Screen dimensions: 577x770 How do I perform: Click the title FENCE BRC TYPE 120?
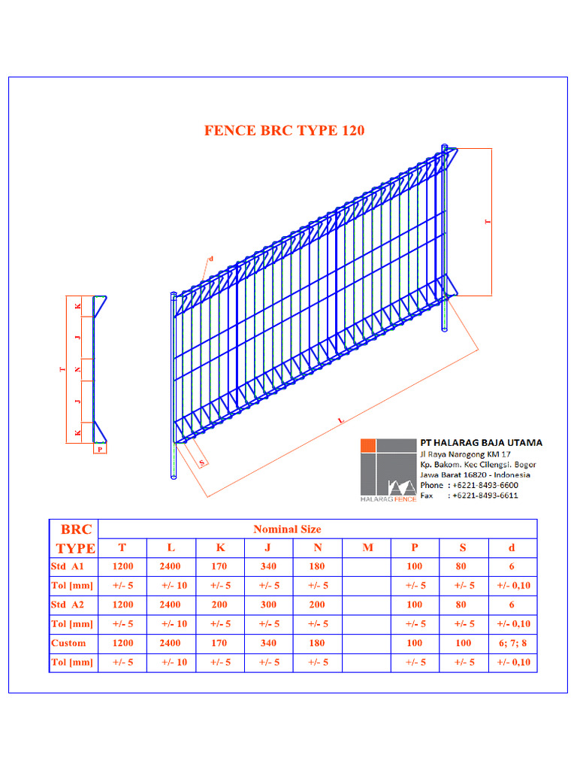point(285,131)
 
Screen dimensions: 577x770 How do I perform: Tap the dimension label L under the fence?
point(341,420)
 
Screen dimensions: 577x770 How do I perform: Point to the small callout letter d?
point(211,259)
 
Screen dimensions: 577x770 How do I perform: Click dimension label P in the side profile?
point(100,449)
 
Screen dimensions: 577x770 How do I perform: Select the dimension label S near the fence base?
point(201,462)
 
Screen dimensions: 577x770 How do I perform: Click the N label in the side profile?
point(77,369)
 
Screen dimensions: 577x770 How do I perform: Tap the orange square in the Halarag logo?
point(368,445)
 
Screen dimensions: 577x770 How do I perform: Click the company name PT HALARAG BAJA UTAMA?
point(482,442)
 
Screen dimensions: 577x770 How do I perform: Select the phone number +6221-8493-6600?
point(485,485)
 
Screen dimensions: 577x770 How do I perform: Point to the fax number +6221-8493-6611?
point(485,496)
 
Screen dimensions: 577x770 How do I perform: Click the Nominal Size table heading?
point(287,529)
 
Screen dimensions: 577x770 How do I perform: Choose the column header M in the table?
point(367,547)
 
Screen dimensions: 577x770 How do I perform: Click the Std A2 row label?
point(67,605)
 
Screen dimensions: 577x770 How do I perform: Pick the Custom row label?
point(68,644)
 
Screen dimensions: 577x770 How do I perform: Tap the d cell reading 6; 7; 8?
point(512,644)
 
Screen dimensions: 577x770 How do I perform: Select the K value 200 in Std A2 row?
point(219,605)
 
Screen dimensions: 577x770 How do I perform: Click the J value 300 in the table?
point(268,605)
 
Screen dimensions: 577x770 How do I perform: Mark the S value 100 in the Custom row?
point(463,644)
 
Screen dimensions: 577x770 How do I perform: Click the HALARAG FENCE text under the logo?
point(388,499)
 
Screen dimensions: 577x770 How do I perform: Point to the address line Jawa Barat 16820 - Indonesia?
point(475,475)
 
